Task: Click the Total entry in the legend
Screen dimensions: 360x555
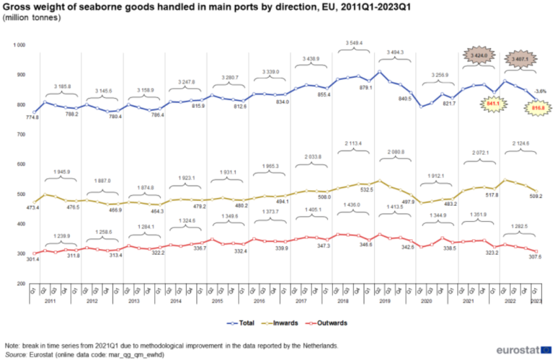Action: coord(242,323)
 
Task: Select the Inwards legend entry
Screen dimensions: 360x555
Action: coord(285,323)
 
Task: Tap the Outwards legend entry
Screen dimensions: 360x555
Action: coord(330,323)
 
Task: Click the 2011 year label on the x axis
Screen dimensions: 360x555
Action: coord(50,302)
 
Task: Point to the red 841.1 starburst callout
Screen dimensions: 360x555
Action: coord(494,103)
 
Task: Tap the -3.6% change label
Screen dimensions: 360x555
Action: coord(541,91)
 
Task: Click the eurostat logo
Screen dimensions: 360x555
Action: coord(518,350)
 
